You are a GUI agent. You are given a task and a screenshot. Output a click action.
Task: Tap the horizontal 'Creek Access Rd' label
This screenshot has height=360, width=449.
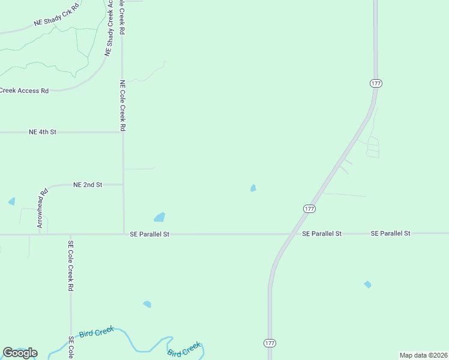tap(24, 91)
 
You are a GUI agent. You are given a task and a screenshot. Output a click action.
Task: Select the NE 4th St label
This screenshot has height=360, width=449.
tap(42, 131)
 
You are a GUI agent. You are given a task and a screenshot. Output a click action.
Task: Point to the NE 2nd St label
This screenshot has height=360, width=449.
tap(88, 185)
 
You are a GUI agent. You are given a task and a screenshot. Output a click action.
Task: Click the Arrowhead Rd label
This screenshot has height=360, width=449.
tap(42, 209)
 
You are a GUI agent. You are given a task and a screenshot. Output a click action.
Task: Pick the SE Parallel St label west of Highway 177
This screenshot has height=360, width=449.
tap(149, 235)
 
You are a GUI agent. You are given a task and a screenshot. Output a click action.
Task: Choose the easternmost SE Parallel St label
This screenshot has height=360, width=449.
tap(390, 233)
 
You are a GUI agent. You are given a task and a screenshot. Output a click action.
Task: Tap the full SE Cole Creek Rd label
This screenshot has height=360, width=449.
tap(71, 266)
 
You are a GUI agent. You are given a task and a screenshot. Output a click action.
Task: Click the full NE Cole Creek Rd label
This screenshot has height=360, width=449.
tap(122, 106)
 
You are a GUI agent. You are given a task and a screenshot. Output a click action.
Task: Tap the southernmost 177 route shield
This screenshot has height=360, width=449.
tap(270, 343)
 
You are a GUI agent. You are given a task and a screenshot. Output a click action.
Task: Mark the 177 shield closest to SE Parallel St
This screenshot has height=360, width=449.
tap(309, 208)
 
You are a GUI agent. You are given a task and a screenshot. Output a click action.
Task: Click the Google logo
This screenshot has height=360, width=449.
tap(20, 353)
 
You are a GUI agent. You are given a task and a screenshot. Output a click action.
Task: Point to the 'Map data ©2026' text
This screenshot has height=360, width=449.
tap(423, 355)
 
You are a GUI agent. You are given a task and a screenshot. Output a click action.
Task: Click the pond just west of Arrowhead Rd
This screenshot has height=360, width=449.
tap(11, 202)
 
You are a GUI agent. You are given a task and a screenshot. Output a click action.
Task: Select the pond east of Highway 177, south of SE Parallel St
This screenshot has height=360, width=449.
tap(367, 284)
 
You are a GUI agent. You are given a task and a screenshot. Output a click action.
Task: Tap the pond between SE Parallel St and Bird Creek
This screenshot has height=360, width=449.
tap(147, 304)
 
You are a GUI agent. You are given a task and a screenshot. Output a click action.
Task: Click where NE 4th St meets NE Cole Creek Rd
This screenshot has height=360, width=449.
tap(123, 132)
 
